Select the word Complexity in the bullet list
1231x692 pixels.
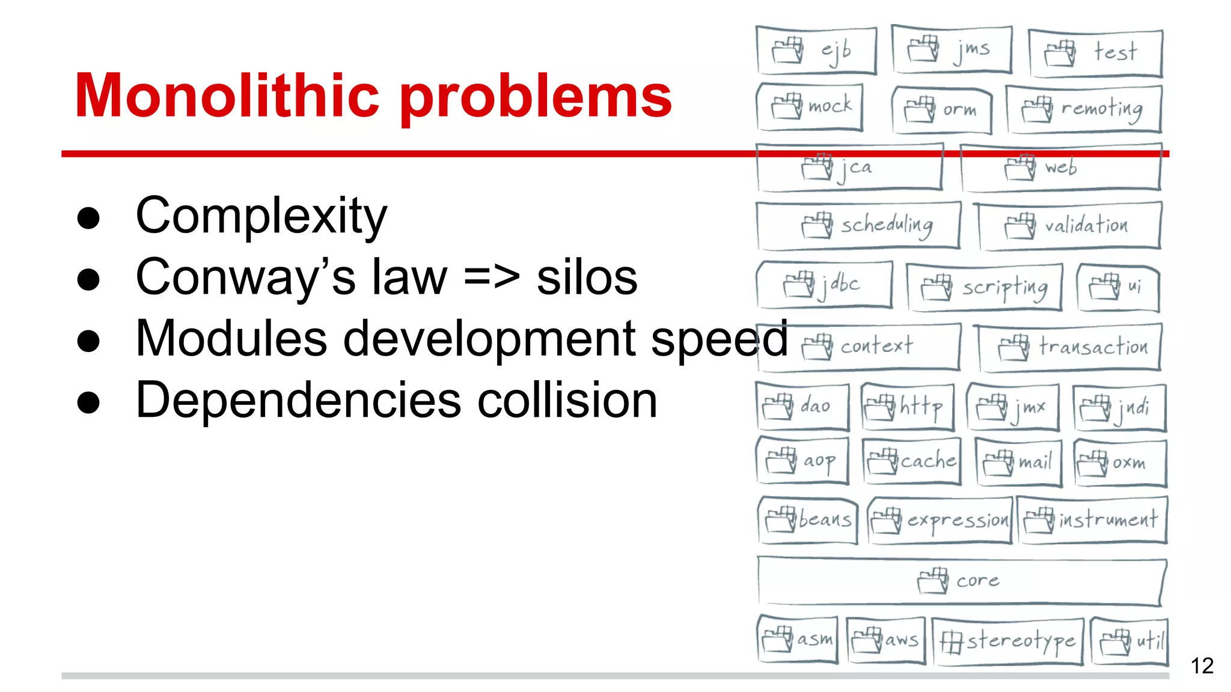261,216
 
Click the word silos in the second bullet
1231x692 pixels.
587,278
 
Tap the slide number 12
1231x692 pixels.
1202,666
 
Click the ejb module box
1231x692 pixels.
816,50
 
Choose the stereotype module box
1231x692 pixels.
1007,642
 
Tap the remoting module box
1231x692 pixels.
1083,109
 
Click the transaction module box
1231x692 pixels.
1070,347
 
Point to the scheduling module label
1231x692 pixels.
887,225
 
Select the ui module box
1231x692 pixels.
1118,288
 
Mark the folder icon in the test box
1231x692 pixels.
1060,53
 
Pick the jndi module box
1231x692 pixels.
1119,408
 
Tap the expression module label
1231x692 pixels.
958,520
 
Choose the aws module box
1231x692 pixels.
885,640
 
